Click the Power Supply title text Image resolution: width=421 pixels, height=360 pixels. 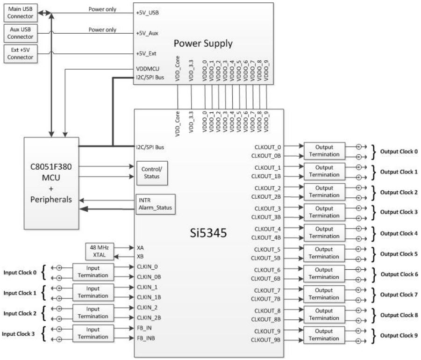click(x=203, y=43)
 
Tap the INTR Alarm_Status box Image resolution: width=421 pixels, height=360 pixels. click(x=155, y=204)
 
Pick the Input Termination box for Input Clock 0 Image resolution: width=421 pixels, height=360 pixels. click(x=93, y=272)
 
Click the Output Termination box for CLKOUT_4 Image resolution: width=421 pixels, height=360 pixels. click(x=324, y=233)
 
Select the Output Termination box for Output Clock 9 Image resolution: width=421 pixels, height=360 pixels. click(x=324, y=335)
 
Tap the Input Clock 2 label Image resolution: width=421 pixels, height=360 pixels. click(x=19, y=313)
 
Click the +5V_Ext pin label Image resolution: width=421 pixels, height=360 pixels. click(x=146, y=53)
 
